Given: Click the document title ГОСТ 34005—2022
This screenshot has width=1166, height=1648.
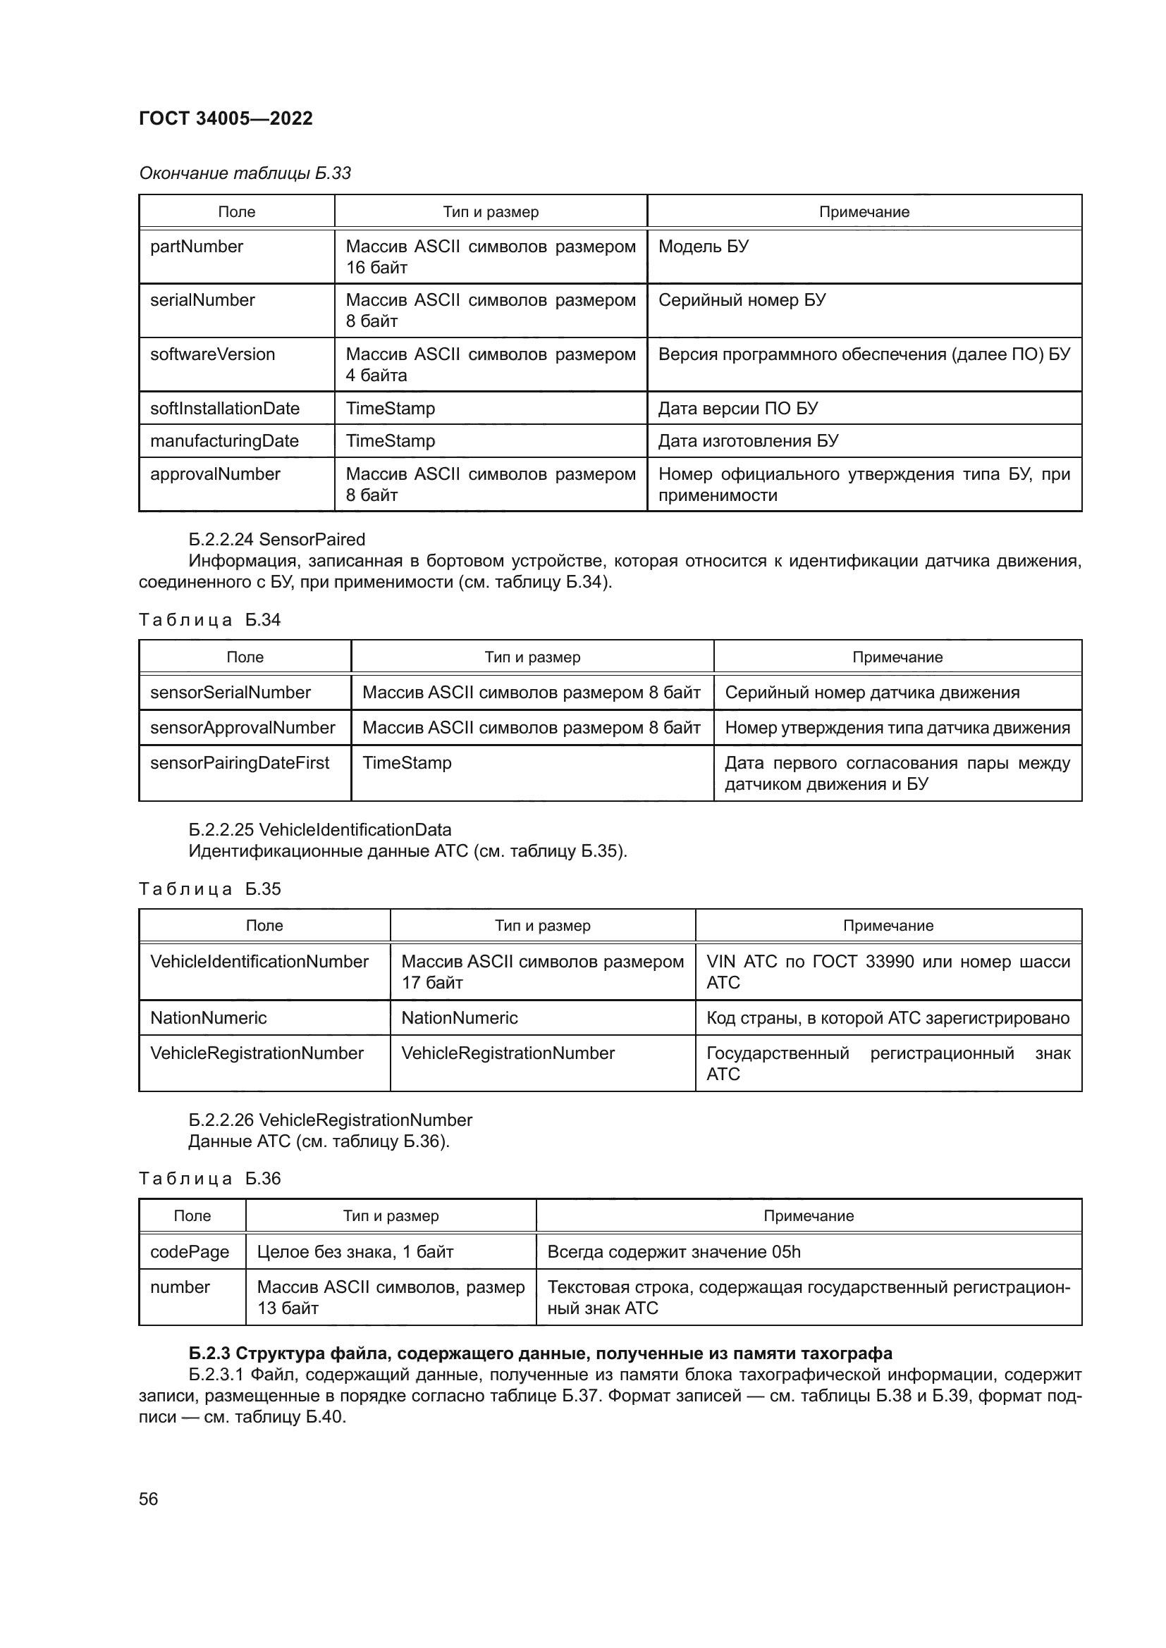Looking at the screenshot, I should [226, 118].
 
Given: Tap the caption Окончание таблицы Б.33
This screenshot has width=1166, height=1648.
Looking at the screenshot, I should [245, 173].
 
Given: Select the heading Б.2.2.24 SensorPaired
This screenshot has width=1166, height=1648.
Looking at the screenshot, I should [276, 539].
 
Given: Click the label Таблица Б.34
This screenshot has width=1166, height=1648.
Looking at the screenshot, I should [209, 620].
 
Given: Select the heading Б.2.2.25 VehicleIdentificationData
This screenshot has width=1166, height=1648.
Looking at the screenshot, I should [319, 830].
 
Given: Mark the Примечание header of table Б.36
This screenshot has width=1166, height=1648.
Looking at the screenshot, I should [808, 1215].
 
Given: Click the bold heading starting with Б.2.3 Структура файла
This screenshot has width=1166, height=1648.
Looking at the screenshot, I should [540, 1353].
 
